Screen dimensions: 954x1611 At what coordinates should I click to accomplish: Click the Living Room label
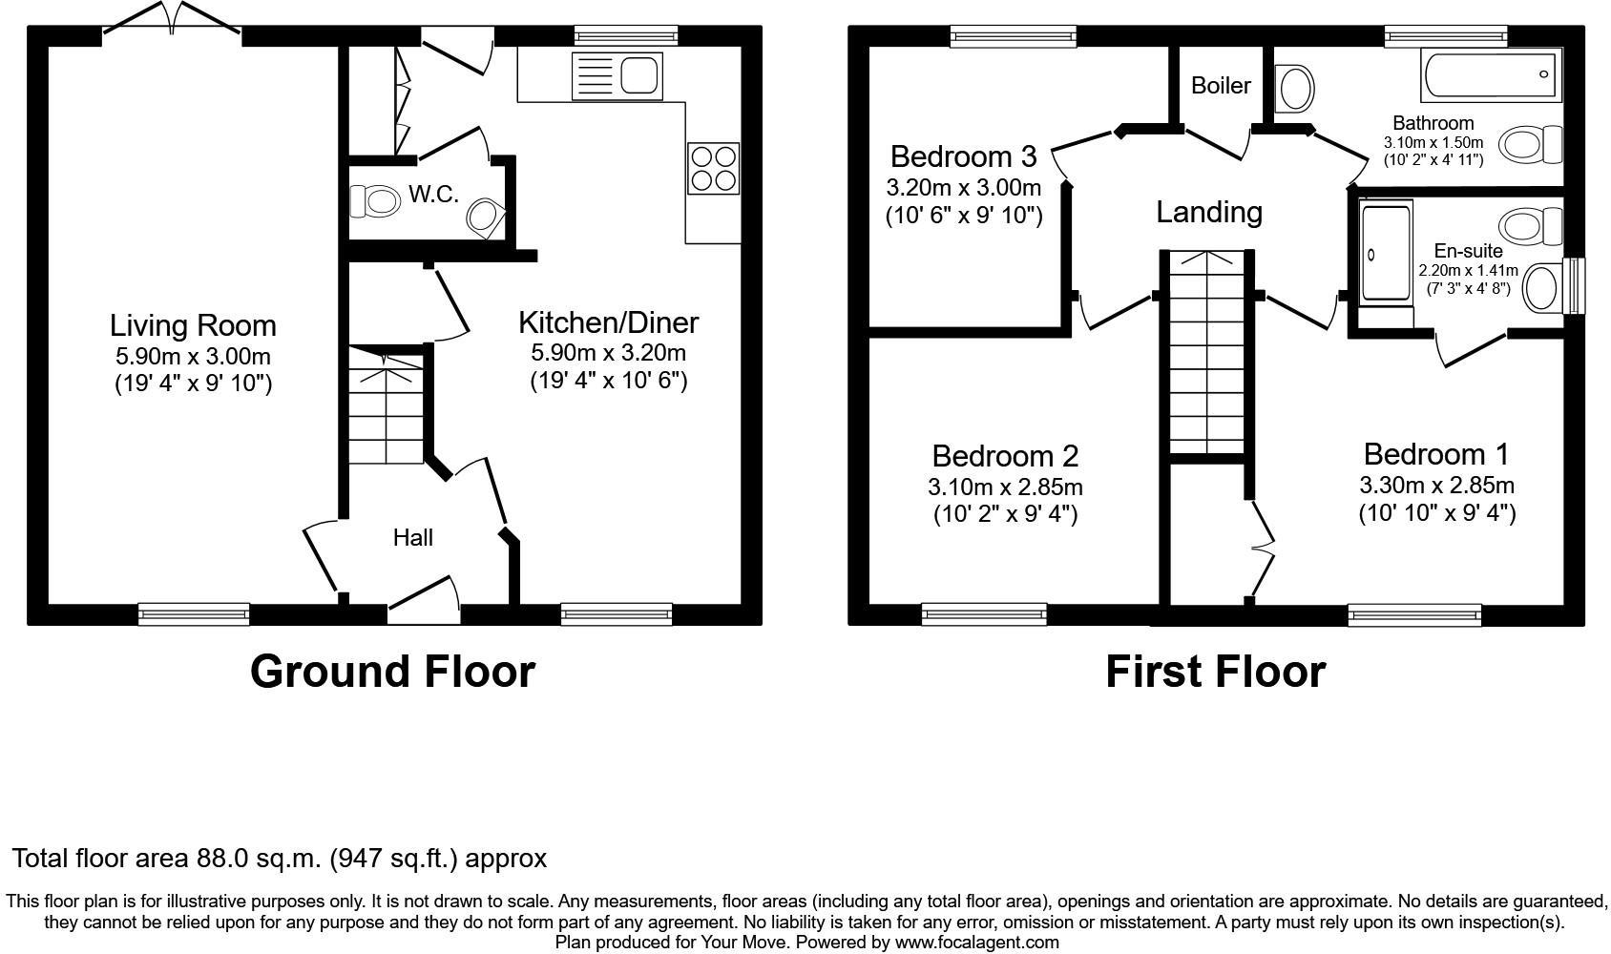click(193, 325)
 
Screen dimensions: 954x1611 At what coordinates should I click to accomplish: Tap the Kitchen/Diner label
click(608, 322)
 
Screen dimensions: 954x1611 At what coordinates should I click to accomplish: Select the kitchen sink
click(617, 75)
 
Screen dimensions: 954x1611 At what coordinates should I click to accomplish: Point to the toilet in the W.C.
click(375, 201)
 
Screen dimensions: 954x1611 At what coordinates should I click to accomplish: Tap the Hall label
click(413, 538)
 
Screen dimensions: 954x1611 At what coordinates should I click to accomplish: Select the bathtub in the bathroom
click(1491, 75)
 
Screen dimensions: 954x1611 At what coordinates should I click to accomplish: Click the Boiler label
click(1221, 86)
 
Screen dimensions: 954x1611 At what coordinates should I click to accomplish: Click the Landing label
click(1209, 212)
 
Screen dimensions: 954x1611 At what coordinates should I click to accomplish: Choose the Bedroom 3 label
click(963, 156)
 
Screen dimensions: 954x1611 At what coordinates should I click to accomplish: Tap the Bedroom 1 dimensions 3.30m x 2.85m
click(1436, 486)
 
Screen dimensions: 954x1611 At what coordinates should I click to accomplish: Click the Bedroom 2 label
click(1005, 456)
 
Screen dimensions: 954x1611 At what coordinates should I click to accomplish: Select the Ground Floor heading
click(392, 672)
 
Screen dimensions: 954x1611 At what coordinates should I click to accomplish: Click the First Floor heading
click(1215, 672)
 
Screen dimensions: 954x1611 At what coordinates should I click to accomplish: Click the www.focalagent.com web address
click(976, 943)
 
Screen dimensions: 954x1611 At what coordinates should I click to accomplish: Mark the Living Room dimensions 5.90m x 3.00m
click(193, 357)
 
